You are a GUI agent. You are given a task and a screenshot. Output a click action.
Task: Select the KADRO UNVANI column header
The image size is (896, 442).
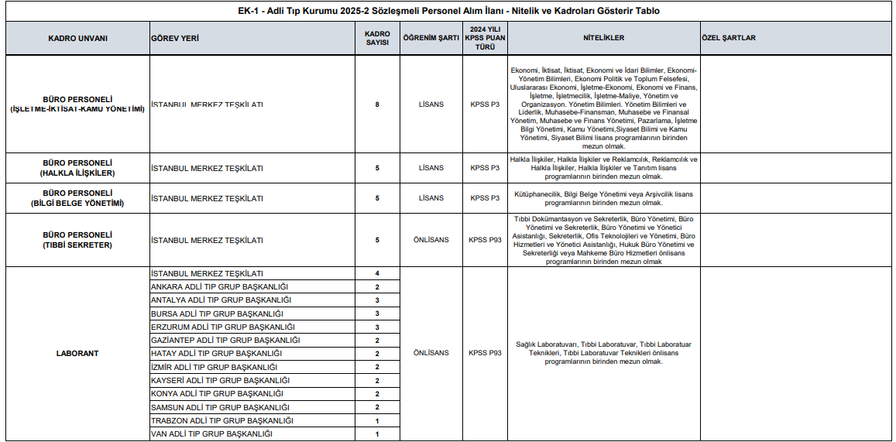tap(77, 38)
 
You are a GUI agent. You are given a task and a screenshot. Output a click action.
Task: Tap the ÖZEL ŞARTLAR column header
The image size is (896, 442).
tap(728, 38)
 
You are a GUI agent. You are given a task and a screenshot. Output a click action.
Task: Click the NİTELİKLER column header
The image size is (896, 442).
tap(603, 38)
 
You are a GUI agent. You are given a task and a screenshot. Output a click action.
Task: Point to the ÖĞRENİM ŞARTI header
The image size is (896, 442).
tap(431, 38)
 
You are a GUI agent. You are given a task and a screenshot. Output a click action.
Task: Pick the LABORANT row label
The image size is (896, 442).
tap(77, 354)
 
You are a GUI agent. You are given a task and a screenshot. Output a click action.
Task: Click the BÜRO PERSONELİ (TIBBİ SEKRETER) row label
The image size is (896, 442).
tap(77, 240)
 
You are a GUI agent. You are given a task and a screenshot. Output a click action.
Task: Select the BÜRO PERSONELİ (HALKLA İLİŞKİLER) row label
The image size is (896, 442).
tap(77, 168)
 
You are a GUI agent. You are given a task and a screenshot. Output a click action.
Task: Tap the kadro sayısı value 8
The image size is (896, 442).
tap(377, 104)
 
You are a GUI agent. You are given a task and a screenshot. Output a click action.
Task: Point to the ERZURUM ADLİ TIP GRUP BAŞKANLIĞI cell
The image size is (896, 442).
tap(222, 327)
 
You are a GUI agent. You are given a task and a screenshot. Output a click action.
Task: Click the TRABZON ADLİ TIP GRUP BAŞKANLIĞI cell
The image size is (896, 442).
tap(222, 420)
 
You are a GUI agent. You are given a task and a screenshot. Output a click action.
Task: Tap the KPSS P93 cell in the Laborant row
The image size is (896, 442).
tap(485, 353)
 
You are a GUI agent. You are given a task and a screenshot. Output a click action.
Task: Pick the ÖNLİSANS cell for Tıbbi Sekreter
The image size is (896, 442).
tap(431, 240)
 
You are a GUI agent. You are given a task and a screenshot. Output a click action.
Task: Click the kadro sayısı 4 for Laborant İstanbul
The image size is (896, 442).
tap(377, 273)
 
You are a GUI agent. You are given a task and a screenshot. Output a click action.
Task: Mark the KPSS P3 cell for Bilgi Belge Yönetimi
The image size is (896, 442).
tap(485, 198)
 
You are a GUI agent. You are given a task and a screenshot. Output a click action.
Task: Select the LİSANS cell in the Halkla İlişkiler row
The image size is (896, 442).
tap(431, 168)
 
